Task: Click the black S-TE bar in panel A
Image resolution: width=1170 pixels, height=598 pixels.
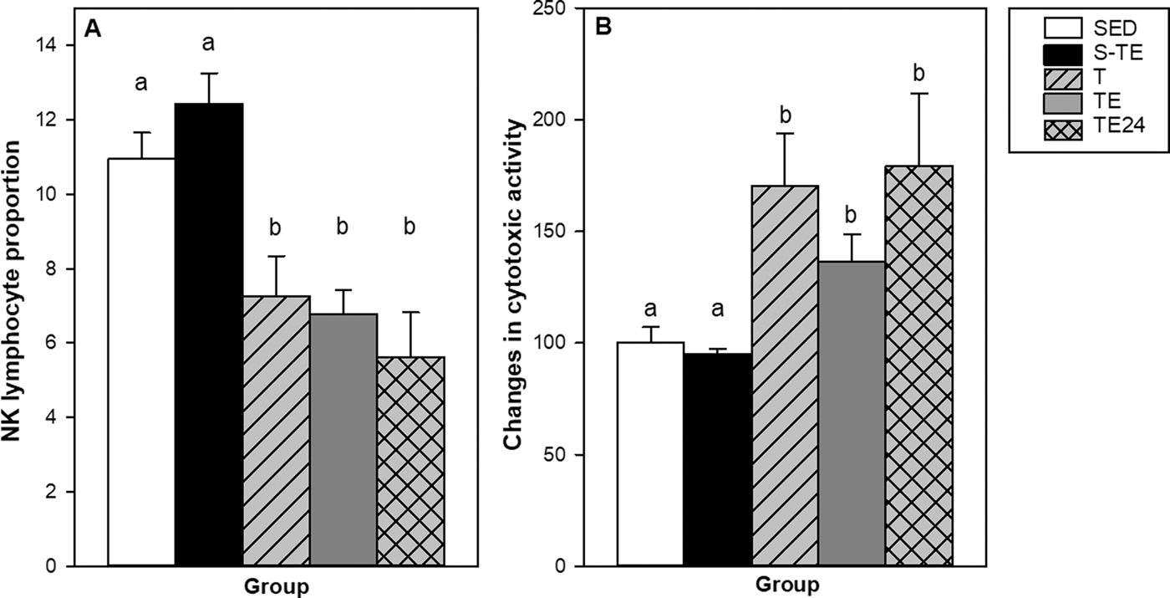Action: pyautogui.click(x=209, y=335)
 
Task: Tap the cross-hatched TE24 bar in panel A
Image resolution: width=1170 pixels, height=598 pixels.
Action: pyautogui.click(x=410, y=461)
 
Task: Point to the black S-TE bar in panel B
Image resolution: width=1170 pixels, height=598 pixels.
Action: pyautogui.click(x=718, y=459)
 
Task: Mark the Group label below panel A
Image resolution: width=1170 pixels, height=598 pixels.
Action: pyautogui.click(x=277, y=586)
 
